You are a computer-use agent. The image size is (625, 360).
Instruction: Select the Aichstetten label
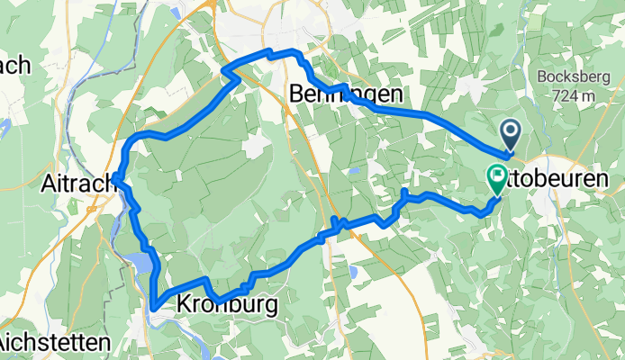point(55,343)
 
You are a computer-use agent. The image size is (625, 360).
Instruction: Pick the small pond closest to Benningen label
point(355,169)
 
